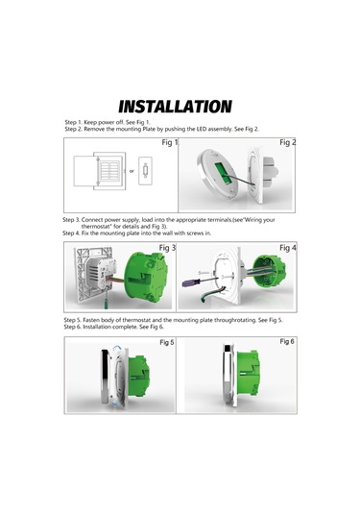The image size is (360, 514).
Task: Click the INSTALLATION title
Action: pyautogui.click(x=175, y=106)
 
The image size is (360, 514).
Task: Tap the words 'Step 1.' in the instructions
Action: pyautogui.click(x=75, y=123)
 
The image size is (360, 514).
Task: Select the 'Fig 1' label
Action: pyautogui.click(x=170, y=142)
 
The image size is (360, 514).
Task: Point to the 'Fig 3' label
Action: pyautogui.click(x=168, y=248)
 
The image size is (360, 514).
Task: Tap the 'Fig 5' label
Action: pyautogui.click(x=167, y=342)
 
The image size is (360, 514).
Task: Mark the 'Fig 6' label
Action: pyautogui.click(x=287, y=341)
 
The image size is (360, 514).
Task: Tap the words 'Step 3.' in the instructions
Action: pyautogui.click(x=74, y=220)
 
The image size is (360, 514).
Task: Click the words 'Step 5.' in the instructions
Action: pyautogui.click(x=76, y=319)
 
